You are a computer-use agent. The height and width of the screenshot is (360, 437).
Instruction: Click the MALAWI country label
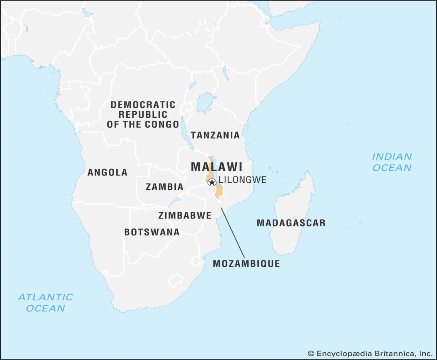[217, 167]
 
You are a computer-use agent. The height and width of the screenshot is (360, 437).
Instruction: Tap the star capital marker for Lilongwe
[211, 182]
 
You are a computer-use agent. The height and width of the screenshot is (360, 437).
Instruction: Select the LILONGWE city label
[242, 180]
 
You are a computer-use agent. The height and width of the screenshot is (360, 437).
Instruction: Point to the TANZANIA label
[215, 135]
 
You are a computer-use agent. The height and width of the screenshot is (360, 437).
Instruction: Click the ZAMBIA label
[164, 187]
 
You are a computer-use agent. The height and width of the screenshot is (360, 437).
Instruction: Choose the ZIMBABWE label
[185, 215]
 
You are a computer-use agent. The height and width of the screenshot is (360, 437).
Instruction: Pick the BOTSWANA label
[152, 232]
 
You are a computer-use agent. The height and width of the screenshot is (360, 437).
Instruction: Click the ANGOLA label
[107, 172]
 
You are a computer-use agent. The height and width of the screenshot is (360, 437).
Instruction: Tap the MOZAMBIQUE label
[246, 263]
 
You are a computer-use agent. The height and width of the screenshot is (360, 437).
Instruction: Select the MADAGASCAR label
[291, 223]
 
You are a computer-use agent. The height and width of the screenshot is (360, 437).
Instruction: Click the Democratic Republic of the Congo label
[143, 115]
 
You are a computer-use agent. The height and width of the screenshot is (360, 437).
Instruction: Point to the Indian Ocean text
[392, 162]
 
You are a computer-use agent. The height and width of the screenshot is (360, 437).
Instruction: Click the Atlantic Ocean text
[45, 302]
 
